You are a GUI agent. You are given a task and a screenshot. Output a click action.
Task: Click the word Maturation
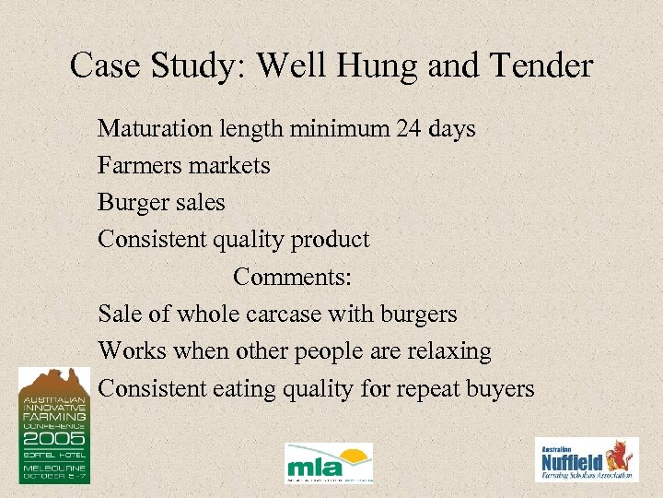tap(157, 128)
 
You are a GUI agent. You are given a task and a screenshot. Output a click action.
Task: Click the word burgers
tap(413, 314)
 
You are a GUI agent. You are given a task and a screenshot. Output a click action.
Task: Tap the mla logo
tap(329, 462)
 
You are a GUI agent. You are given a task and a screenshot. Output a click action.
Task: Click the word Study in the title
tap(197, 65)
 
